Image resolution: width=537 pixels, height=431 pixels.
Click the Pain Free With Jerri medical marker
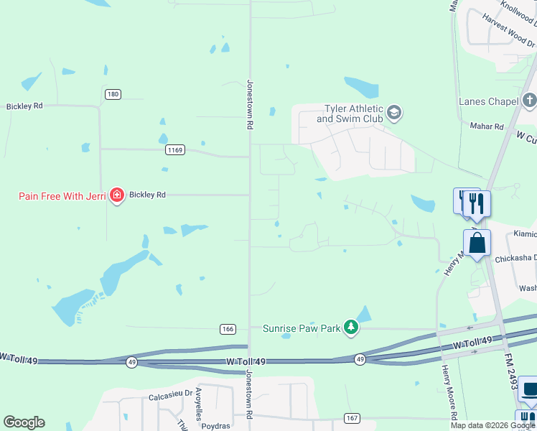pos(116,195)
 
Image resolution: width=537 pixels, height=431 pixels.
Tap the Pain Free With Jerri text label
pos(62,195)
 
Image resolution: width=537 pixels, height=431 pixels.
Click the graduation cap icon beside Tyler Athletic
pos(393,112)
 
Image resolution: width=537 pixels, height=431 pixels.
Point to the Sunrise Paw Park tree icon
pos(350,328)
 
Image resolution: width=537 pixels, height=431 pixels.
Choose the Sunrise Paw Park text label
pos(301,328)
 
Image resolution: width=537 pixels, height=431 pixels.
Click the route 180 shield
pos(112,94)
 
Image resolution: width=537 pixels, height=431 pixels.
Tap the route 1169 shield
pos(175,150)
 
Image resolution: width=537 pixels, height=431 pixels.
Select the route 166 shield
pos(228,329)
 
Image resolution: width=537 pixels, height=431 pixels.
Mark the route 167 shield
pos(351,418)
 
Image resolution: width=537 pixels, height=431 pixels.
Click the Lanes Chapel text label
pos(488,101)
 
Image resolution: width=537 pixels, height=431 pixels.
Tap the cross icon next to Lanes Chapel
pos(530,100)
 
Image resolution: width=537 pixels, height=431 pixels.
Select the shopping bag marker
pos(477,244)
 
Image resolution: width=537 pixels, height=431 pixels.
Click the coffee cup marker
pos(530,390)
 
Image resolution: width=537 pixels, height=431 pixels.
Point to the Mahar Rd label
pos(490,126)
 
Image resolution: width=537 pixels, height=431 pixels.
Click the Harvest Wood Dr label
pos(508,32)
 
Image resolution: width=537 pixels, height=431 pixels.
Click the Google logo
pos(24,422)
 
